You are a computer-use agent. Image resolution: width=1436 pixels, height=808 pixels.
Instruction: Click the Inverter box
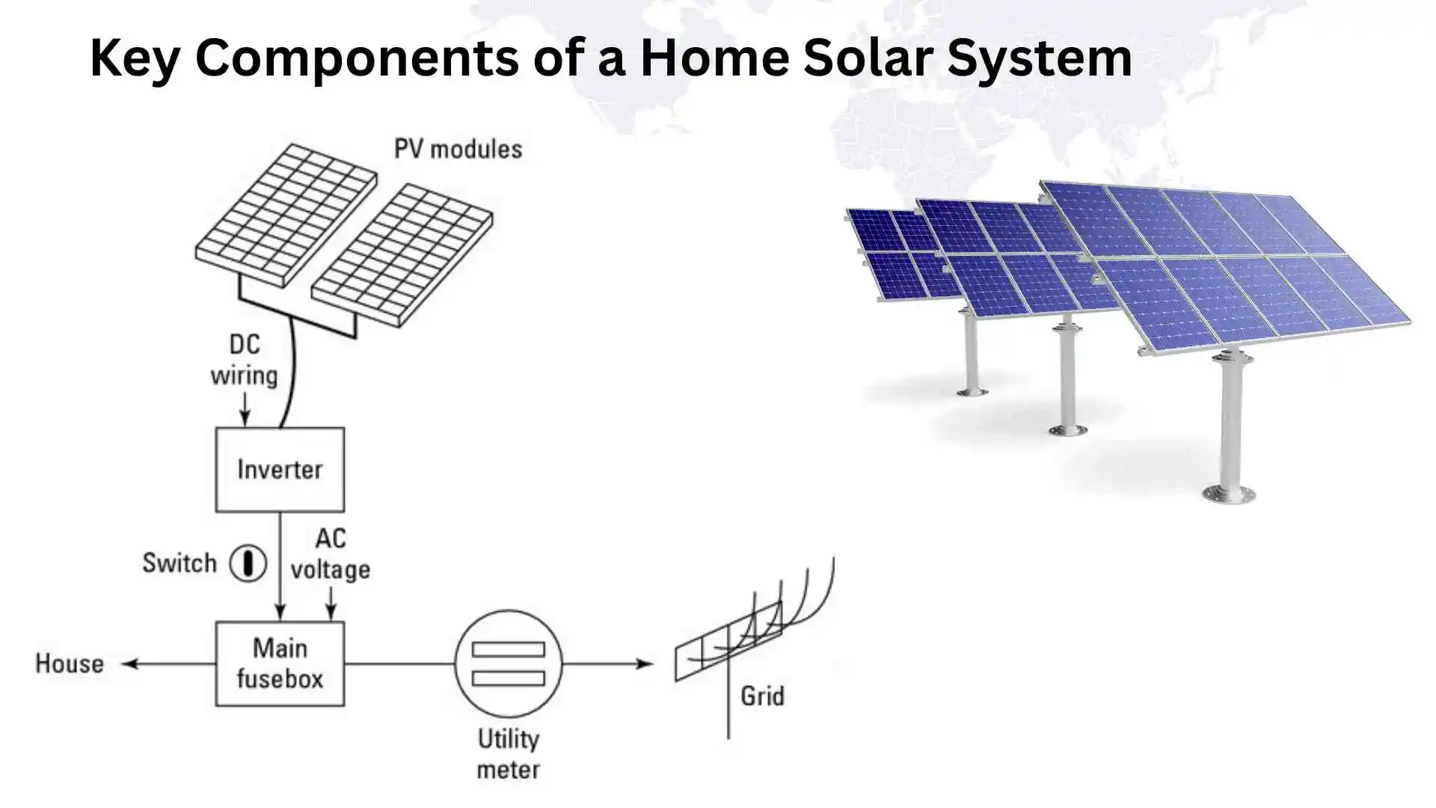pos(280,470)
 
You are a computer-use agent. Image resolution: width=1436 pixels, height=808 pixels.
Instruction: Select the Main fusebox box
pos(280,664)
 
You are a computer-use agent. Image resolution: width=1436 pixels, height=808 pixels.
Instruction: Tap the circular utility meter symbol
pos(509,664)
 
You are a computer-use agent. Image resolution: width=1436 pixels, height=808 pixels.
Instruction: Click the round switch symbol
pos(248,563)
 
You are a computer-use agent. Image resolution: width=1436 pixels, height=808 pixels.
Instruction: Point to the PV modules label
pos(458,149)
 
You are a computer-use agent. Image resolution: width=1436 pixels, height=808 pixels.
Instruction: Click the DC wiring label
pos(244,360)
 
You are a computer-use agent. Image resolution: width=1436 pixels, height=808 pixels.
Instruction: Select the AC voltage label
pos(330,554)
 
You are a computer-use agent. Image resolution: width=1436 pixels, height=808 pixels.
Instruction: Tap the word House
pos(70,664)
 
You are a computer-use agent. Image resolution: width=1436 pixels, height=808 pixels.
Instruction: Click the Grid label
pos(762,697)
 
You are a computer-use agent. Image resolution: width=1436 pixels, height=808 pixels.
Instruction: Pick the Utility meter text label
pos(509,754)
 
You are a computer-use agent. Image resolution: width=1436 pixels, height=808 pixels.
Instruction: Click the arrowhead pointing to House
pos(129,664)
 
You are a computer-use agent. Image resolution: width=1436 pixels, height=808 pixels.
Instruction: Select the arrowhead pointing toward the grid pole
pos(645,664)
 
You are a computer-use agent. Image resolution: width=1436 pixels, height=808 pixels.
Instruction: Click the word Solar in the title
pos(869,58)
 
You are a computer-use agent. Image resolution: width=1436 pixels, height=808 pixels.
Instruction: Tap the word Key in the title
pos(134,58)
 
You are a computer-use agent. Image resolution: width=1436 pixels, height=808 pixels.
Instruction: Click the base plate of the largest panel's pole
pos(1228,495)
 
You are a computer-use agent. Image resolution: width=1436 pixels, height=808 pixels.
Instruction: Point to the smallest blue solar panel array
pos(897,254)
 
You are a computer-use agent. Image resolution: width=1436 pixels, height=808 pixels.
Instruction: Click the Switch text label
pos(179,563)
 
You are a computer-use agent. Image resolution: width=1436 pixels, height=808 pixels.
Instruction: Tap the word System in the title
pos(1040,58)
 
